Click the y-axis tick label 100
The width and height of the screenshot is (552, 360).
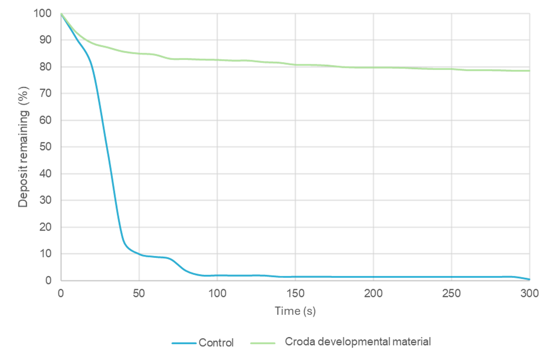(x=43, y=13)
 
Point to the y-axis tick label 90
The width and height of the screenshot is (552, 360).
(x=45, y=40)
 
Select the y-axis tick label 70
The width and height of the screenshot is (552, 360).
(x=45, y=94)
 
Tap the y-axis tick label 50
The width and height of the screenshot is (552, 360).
(x=45, y=147)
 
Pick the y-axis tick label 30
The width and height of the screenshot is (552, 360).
(x=45, y=200)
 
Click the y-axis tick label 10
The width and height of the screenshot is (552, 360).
(x=45, y=254)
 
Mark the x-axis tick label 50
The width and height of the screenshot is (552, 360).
(x=139, y=293)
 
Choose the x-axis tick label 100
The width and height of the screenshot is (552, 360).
(x=217, y=293)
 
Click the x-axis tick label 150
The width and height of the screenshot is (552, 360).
(x=295, y=293)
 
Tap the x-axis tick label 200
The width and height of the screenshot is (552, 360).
(x=373, y=293)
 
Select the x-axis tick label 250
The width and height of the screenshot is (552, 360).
(x=451, y=293)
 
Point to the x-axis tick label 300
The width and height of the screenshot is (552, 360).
(x=530, y=293)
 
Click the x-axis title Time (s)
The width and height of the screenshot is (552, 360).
(x=295, y=311)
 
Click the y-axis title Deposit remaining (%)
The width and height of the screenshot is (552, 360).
(x=23, y=147)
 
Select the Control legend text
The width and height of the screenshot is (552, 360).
(x=216, y=343)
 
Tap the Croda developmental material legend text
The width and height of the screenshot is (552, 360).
(x=358, y=341)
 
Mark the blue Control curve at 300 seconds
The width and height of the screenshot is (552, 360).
(x=529, y=279)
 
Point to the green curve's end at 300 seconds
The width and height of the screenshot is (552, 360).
(x=529, y=71)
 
